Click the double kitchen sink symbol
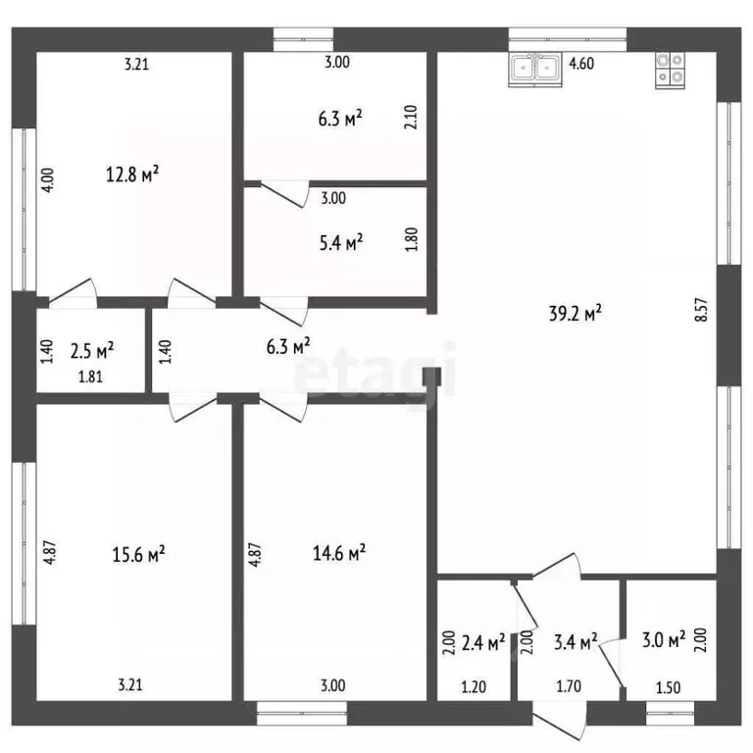535,70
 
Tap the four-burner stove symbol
671,71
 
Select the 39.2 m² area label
576,313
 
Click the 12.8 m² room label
132,174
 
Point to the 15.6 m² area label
139,554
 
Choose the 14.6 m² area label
339,552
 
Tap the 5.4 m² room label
341,242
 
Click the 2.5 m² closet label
92,351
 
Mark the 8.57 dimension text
701,310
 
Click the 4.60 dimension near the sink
581,64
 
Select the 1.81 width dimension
90,376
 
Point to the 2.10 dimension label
411,118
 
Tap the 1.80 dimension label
412,239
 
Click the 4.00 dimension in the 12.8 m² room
48,180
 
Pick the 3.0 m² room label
664,639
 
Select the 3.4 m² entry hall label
576,641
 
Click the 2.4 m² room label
483,642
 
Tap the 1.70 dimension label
569,686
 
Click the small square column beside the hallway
431,376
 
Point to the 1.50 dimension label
668,687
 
